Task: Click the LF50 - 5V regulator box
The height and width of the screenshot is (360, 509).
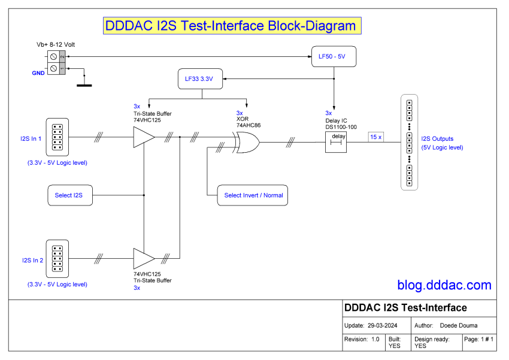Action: [333, 56]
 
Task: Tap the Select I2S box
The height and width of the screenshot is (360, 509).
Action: [69, 195]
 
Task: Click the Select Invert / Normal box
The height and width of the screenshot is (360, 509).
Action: [252, 195]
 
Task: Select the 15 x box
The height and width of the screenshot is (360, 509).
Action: [376, 137]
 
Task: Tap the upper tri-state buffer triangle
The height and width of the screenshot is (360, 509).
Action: [143, 138]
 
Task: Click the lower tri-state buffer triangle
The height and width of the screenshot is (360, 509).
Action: [143, 259]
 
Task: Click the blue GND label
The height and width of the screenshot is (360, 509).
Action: [38, 72]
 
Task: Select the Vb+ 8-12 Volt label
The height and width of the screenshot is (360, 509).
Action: [56, 45]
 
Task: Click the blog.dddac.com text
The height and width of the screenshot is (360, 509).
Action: [444, 286]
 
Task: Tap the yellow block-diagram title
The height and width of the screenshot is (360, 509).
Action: [230, 26]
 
